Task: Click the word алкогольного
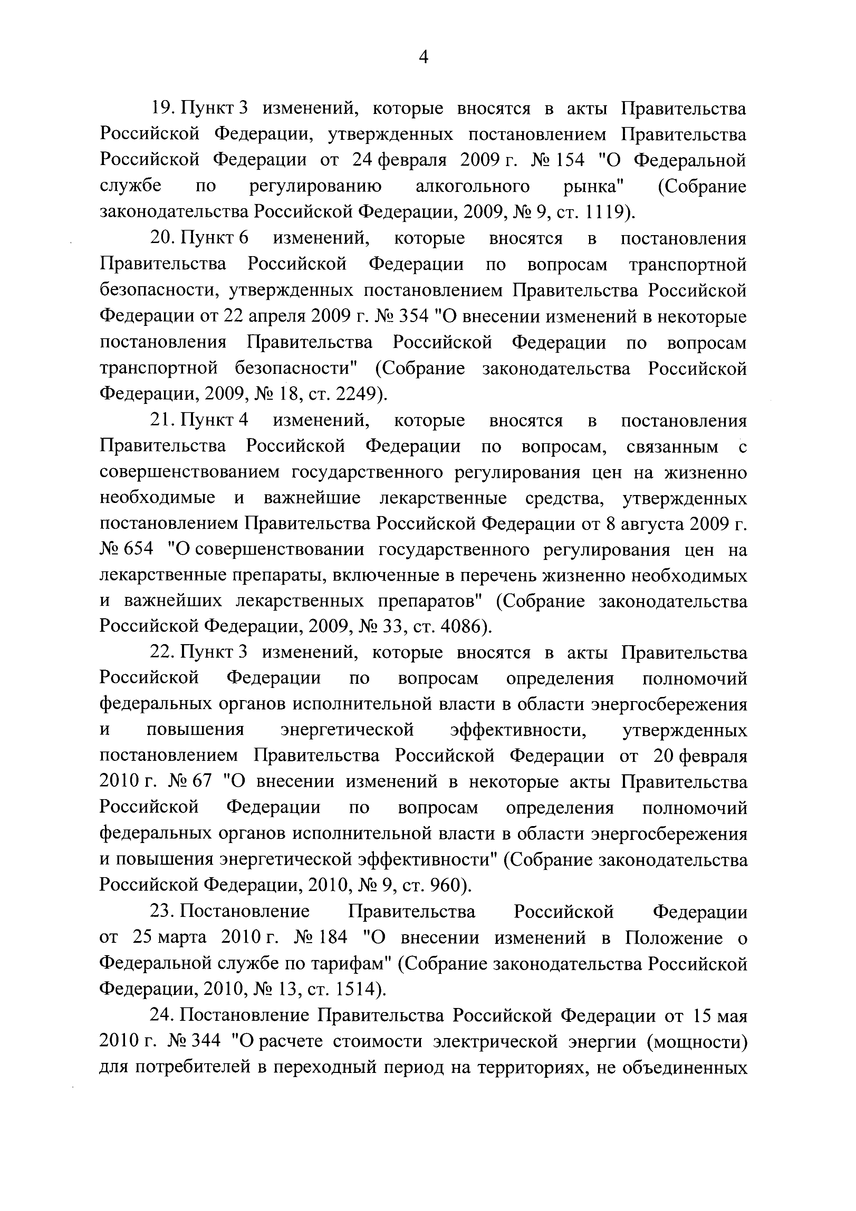click(x=473, y=187)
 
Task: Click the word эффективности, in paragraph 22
click(x=519, y=730)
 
